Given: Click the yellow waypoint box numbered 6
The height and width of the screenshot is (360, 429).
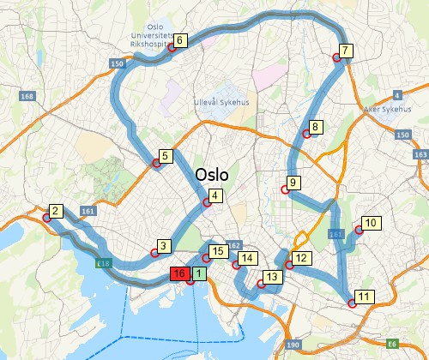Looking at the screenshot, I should pyautogui.click(x=179, y=40).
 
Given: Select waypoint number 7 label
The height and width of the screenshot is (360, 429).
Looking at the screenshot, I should pyautogui.click(x=345, y=51).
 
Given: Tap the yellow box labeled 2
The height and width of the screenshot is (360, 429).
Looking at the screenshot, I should pyautogui.click(x=55, y=211).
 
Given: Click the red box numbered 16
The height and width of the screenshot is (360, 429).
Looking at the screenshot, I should pyautogui.click(x=179, y=274).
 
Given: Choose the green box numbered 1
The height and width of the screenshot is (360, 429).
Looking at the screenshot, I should pyautogui.click(x=198, y=274).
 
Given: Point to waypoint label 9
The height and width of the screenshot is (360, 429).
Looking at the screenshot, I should pyautogui.click(x=293, y=183).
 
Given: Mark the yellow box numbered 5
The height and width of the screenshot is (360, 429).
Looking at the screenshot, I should pyautogui.click(x=166, y=156).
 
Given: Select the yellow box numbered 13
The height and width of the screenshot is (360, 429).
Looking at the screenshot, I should pyautogui.click(x=272, y=277).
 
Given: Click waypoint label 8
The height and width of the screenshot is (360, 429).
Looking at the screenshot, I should pyautogui.click(x=315, y=128).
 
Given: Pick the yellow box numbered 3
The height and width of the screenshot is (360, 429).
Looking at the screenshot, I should pyautogui.click(x=165, y=245).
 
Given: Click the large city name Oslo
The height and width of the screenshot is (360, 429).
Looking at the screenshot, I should pyautogui.click(x=211, y=175).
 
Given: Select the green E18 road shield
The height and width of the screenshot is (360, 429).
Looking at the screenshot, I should pyautogui.click(x=104, y=262).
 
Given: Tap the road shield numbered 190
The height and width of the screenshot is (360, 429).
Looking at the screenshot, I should pyautogui.click(x=293, y=345).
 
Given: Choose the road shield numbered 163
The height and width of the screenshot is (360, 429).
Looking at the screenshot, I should pyautogui.click(x=420, y=155).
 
